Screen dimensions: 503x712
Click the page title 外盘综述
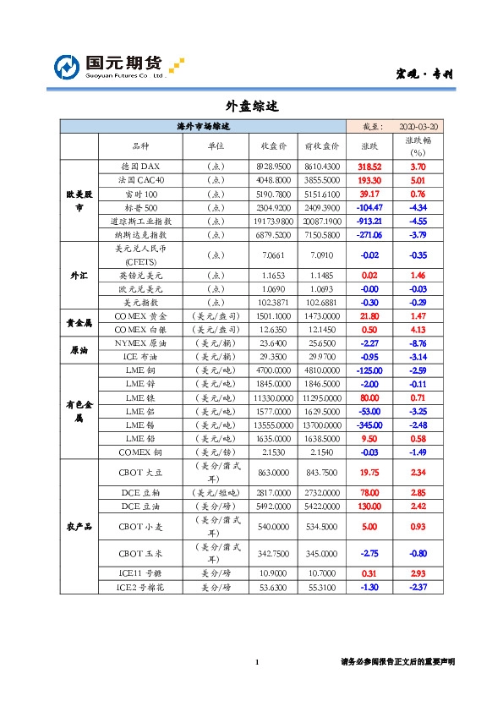(251, 107)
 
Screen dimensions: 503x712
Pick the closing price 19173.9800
(273, 221)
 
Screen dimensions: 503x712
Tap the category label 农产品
(79, 525)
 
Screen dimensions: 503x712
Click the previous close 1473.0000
(321, 315)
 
